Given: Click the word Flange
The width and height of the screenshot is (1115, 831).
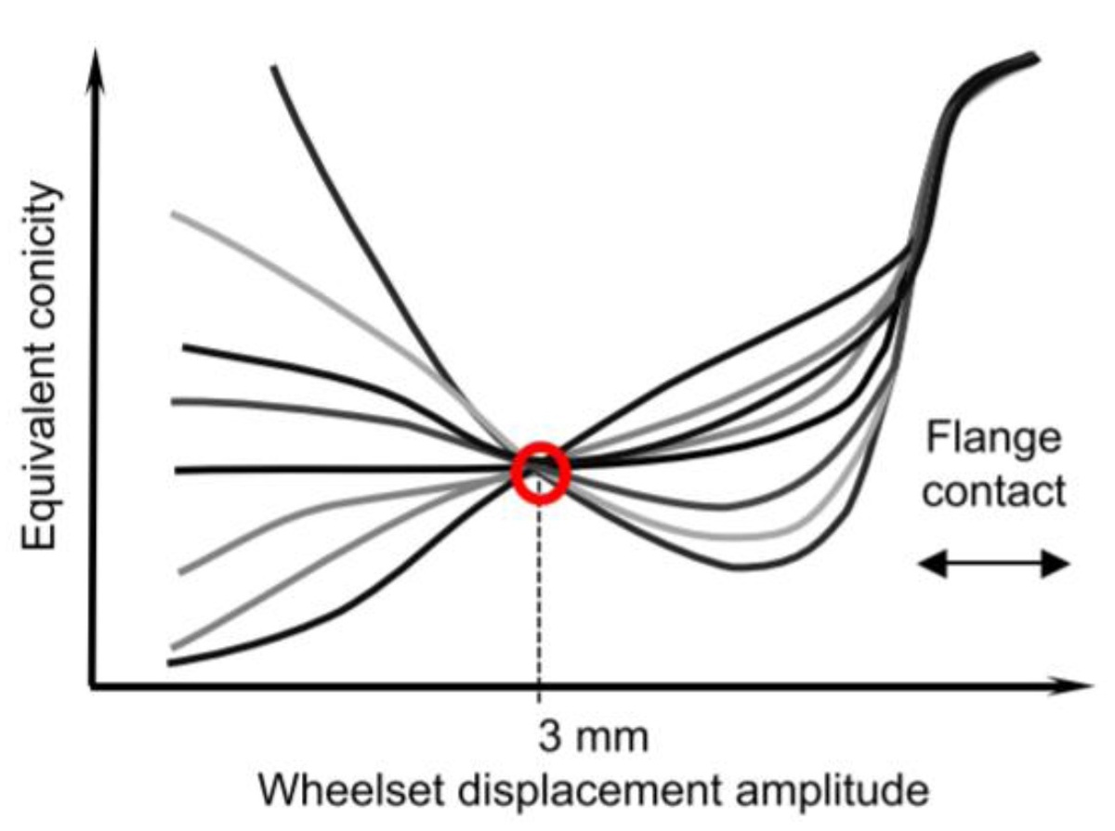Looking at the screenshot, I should click(992, 436).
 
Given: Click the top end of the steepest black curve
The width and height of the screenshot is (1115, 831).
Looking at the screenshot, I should click(275, 67).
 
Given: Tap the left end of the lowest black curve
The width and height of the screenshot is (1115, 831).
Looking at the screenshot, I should click(170, 662).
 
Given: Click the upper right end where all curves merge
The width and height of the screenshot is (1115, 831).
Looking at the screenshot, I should click(1034, 58).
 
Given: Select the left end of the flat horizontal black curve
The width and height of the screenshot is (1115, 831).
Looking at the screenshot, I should click(177, 471).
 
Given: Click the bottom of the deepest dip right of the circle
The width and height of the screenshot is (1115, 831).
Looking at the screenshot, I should click(743, 567).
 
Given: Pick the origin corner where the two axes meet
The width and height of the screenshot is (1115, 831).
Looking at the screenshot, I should click(91, 688).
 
